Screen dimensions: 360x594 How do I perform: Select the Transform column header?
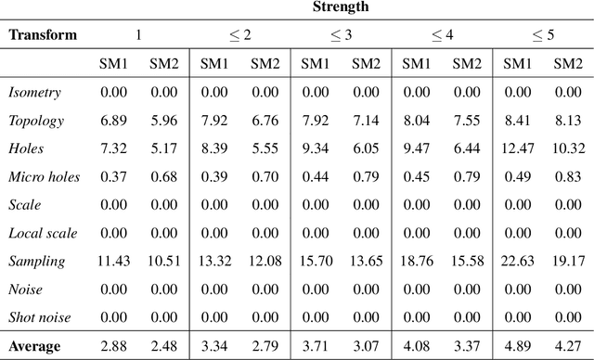(x=43, y=35)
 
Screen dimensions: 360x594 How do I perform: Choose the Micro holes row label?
(x=44, y=176)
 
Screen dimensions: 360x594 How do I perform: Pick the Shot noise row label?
(x=41, y=316)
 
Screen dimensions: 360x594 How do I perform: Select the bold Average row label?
(x=34, y=347)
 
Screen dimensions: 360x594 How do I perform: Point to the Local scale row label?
(x=42, y=233)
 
